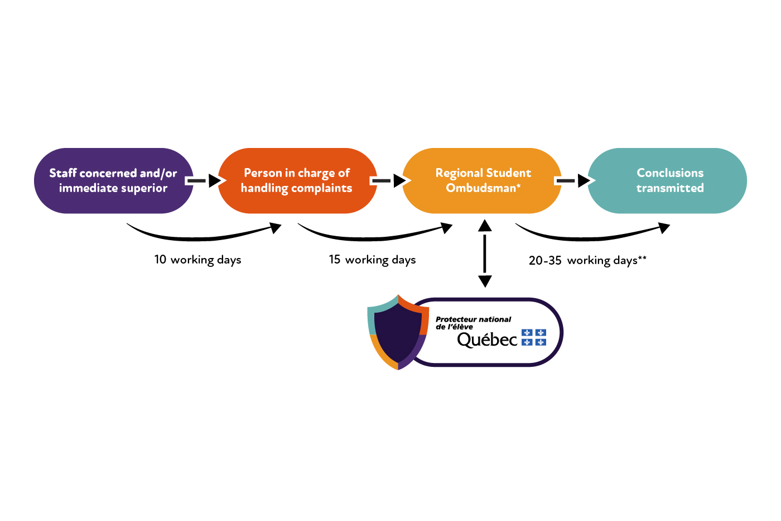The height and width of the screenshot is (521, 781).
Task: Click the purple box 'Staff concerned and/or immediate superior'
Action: click(113, 180)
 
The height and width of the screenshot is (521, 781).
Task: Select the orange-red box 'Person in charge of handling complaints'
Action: click(297, 180)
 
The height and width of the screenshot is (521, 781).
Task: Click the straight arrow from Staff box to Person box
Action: click(203, 180)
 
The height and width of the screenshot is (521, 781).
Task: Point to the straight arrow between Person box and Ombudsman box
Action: click(389, 180)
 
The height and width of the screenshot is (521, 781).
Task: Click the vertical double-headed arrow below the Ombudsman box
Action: click(485, 253)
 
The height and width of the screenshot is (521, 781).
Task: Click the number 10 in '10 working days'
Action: click(160, 259)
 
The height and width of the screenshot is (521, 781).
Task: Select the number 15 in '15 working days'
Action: click(335, 259)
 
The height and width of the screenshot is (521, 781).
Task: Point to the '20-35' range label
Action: click(545, 260)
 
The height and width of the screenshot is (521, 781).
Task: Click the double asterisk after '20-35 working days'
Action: click(642, 259)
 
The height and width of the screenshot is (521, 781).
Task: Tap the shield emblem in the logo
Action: click(397, 332)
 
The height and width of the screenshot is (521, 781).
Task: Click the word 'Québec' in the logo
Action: click(487, 339)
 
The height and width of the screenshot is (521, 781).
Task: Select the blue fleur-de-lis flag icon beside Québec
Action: click(534, 337)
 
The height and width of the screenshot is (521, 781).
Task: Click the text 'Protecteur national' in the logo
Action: click(473, 319)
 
